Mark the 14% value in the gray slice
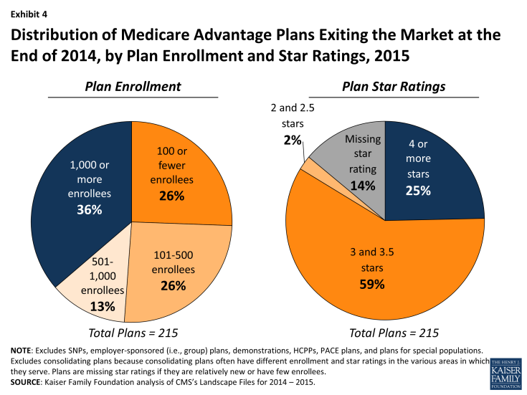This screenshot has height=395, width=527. [363, 186]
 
